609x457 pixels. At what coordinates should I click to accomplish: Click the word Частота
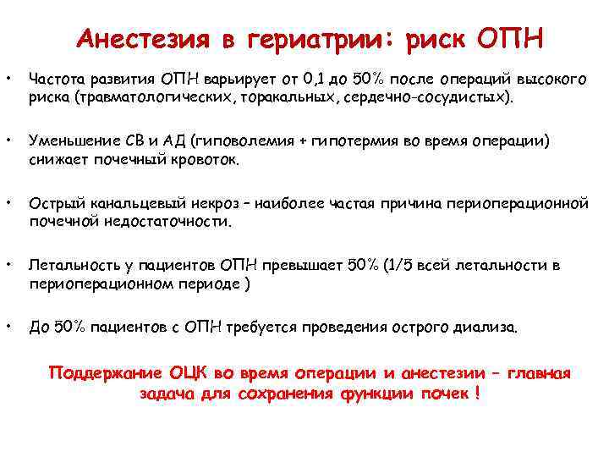55,80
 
